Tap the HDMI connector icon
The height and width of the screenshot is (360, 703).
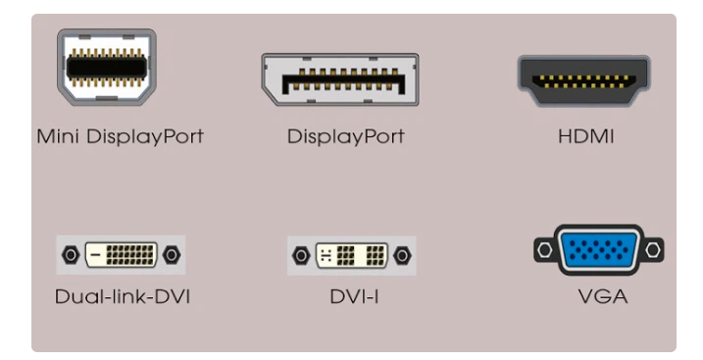[582, 81]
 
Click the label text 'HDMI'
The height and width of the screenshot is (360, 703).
[584, 136]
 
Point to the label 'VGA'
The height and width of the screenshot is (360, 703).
[597, 294]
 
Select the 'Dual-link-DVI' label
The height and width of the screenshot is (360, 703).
[123, 294]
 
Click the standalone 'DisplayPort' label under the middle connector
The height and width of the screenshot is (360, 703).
[345, 136]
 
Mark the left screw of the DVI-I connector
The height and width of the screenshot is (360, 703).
[303, 256]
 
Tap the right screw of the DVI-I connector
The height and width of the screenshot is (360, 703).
[401, 256]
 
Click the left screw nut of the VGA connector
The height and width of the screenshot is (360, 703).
[541, 253]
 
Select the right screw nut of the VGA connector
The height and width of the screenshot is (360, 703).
[654, 253]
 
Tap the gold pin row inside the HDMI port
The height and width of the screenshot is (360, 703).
[582, 80]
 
